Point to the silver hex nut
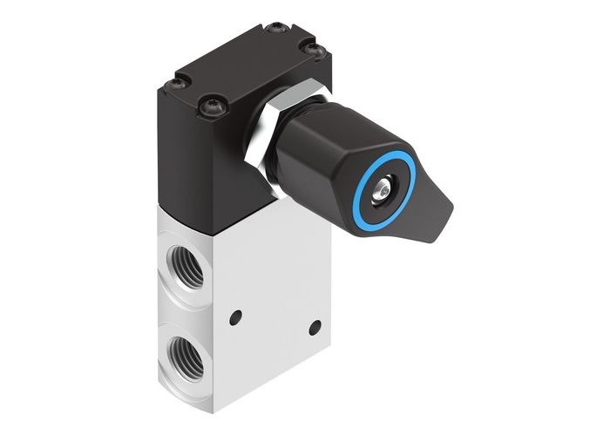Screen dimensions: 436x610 pyautogui.click(x=261, y=131)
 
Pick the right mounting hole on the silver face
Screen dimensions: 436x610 pyautogui.click(x=315, y=327)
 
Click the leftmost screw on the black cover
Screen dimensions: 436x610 pyautogui.click(x=178, y=84)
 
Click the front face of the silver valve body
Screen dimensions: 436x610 pyautogui.click(x=270, y=288)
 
